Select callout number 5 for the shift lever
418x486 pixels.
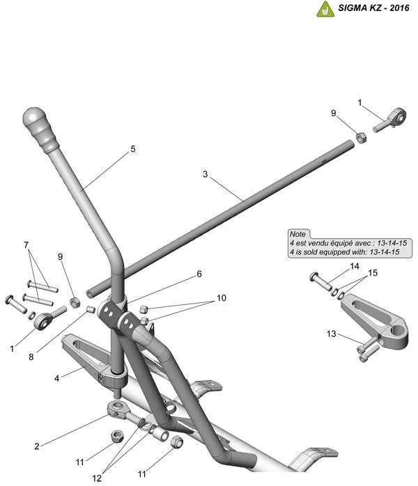coord(132,149)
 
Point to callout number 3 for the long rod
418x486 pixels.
coord(206,174)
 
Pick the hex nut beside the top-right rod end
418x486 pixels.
coord(361,136)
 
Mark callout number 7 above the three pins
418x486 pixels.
coord(26,245)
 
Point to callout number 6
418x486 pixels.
coord(199,274)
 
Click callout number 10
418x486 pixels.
coord(222,298)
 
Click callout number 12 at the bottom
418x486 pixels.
coord(96,479)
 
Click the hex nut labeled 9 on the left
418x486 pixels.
coord(75,302)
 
